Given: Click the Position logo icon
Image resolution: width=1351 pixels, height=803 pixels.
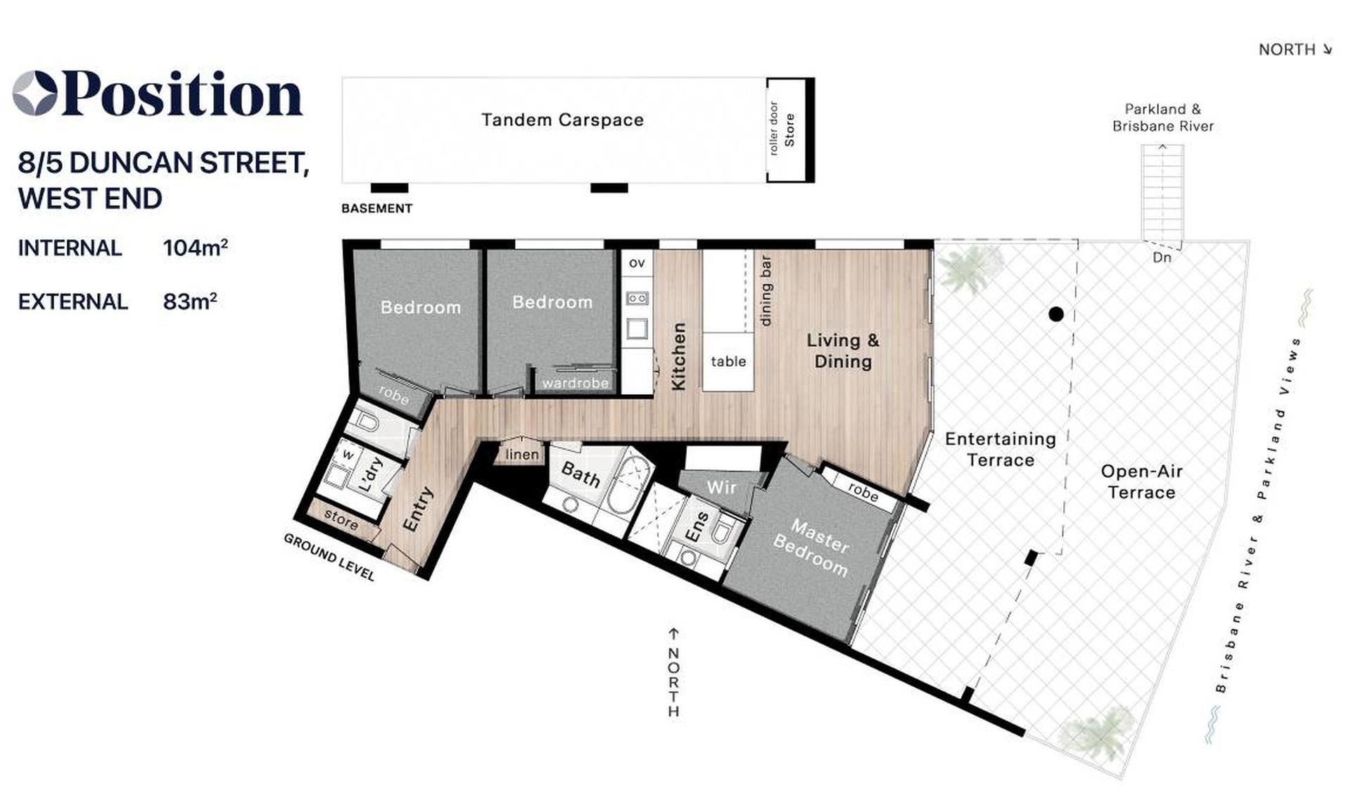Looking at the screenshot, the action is pos(34,93).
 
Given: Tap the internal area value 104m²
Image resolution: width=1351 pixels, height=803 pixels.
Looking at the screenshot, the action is pos(195,248).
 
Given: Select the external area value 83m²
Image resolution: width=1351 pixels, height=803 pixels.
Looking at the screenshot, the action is pos(189,301).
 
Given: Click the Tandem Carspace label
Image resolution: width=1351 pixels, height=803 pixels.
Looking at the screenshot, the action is pos(562,120).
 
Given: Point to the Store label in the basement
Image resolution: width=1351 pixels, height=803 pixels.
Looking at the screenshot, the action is pos(789,129).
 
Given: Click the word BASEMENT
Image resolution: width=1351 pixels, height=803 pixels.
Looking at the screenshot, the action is pos(376,208).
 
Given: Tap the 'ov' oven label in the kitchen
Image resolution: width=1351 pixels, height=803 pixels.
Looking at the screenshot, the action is pos(637,263).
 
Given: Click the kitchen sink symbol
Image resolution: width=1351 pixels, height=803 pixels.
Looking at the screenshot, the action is pos(638,328).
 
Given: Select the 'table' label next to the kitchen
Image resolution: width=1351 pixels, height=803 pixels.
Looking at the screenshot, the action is pos(728,361).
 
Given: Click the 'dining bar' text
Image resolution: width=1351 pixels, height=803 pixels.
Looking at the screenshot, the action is pos(766,291).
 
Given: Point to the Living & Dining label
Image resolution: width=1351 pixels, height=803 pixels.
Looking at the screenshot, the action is pos(843,350).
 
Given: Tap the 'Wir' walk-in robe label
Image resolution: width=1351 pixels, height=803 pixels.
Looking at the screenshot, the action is pos(721,487).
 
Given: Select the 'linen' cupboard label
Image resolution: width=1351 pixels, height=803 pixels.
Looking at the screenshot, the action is pos(522,455).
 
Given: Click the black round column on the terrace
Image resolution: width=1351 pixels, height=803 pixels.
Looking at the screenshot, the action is pos(1055,315).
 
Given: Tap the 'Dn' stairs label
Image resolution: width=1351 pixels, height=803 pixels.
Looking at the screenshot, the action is pos(1162,258).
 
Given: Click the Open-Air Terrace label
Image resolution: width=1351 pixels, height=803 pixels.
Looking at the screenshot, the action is pos(1141,481).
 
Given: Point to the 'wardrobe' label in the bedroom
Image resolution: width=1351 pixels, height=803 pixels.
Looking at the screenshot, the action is pos(575,383).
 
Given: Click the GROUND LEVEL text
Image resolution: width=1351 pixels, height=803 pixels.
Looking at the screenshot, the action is pos(329,557).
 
